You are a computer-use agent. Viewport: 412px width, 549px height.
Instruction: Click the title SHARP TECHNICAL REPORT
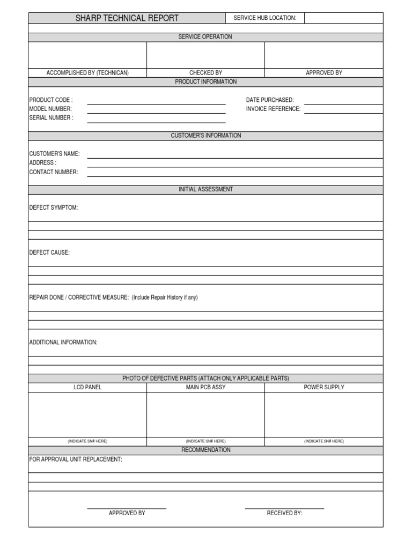(x=127, y=18)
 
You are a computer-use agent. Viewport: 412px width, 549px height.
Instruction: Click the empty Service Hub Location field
(x=343, y=18)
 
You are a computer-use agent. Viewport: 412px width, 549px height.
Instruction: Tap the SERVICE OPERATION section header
(x=205, y=37)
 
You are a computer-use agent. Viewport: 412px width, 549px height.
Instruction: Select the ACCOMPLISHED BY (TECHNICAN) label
(x=87, y=73)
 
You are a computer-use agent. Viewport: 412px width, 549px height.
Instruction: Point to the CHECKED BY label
(x=205, y=73)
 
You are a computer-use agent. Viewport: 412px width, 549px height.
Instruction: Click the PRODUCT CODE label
(x=51, y=100)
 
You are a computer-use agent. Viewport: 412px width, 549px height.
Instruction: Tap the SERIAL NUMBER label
(x=51, y=118)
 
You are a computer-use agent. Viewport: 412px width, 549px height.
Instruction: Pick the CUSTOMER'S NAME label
(x=54, y=154)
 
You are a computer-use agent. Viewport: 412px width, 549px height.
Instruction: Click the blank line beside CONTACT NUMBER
(x=235, y=174)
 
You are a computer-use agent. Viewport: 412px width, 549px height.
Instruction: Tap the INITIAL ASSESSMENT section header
(x=205, y=190)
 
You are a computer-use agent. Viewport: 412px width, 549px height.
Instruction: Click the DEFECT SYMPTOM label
(x=53, y=208)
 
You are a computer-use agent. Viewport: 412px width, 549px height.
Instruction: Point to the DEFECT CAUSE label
(x=49, y=253)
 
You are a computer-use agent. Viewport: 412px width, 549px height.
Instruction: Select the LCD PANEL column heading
(x=87, y=387)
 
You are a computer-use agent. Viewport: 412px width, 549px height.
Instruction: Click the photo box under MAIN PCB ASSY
(x=205, y=414)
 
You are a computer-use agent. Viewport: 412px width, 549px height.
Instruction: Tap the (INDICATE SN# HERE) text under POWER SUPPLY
(x=324, y=441)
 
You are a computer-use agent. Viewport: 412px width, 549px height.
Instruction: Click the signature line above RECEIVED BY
(x=284, y=508)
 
